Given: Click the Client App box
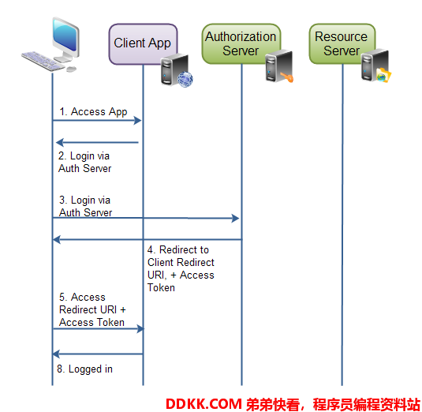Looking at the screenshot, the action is coord(143,44).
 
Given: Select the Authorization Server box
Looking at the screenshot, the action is coord(241,43).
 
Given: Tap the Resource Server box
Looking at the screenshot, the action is coord(342,43).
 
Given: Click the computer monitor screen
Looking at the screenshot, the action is coord(65,35).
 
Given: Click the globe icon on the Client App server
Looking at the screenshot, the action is coord(185,79).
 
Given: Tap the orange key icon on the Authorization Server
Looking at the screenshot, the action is coord(287,77).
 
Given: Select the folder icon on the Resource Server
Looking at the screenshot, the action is coord(384,75).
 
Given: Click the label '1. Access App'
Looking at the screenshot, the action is coord(93,111).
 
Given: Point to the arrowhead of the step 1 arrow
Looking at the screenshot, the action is coord(137,120).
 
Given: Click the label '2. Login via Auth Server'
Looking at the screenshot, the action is coord(84,162).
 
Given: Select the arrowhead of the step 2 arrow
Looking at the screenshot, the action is coord(59,142).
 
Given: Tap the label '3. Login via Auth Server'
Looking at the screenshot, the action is coord(85,206).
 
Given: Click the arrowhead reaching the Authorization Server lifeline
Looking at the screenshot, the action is coord(235,218).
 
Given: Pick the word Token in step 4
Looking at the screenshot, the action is coord(161,287).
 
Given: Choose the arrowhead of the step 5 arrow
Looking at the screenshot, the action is coord(140,328).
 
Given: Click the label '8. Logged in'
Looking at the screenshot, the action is coord(84,369).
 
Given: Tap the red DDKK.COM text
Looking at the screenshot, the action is coord(204,404).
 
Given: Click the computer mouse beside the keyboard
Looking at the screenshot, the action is coord(71,69).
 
